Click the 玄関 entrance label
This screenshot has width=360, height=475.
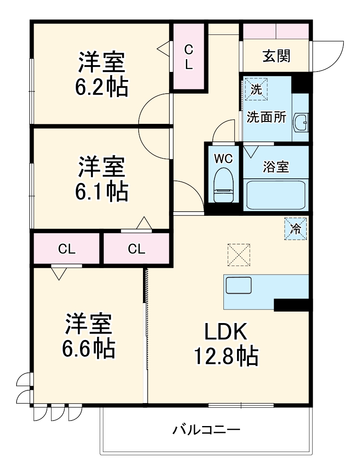point(276,56)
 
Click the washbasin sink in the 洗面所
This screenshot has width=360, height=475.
point(301,123)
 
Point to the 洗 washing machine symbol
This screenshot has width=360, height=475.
point(256,89)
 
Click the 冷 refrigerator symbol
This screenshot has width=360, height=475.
point(295,229)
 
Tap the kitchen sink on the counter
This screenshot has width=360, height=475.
point(239,285)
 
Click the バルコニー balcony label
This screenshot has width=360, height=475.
point(206,429)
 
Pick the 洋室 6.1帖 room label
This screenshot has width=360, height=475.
point(101,179)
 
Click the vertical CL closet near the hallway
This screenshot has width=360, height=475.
point(189,57)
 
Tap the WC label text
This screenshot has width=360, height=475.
point(223,159)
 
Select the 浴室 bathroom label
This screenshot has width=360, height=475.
point(276,167)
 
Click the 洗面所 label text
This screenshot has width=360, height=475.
point(267,117)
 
